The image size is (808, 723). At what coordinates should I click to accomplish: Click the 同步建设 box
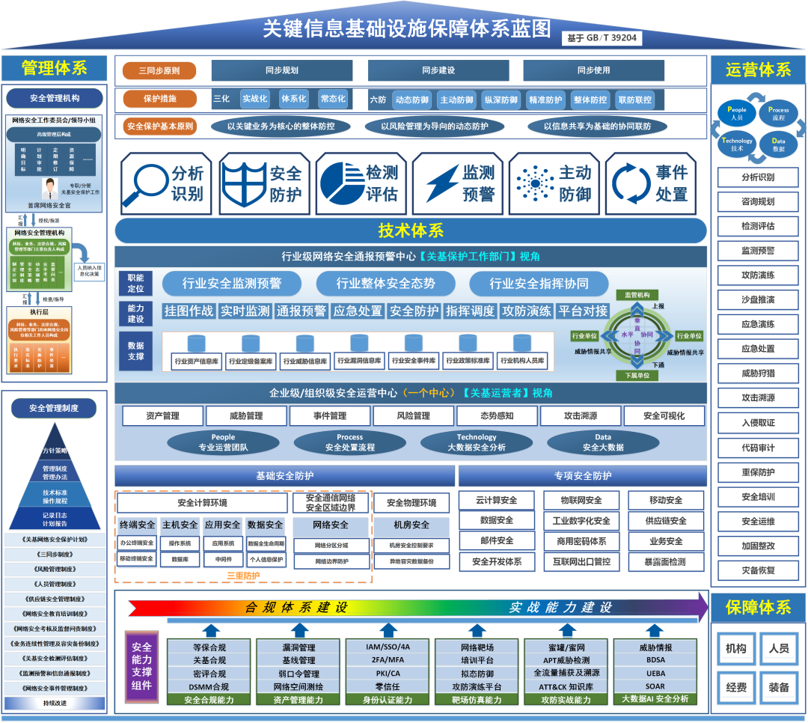click(438, 70)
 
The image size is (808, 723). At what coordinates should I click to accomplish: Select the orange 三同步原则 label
click(159, 72)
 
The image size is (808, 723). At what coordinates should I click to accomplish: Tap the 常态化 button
click(332, 99)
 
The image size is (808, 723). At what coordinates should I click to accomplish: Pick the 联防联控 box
click(634, 100)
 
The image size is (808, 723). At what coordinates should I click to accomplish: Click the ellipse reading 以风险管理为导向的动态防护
click(434, 126)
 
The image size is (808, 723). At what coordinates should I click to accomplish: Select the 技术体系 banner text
click(411, 231)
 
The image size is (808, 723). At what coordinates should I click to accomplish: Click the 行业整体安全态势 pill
click(385, 284)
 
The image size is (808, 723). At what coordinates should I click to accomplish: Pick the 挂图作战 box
click(189, 311)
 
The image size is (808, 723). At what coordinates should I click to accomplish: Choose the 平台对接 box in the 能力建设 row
click(583, 311)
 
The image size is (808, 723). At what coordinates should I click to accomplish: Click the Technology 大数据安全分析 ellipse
click(477, 442)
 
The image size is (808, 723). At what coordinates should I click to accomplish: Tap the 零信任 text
click(388, 686)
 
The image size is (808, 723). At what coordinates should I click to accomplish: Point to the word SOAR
click(655, 686)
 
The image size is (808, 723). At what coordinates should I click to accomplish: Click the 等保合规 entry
click(209, 647)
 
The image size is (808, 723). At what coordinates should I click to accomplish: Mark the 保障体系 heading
click(758, 607)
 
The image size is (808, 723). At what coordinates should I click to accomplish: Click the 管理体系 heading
click(55, 68)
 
